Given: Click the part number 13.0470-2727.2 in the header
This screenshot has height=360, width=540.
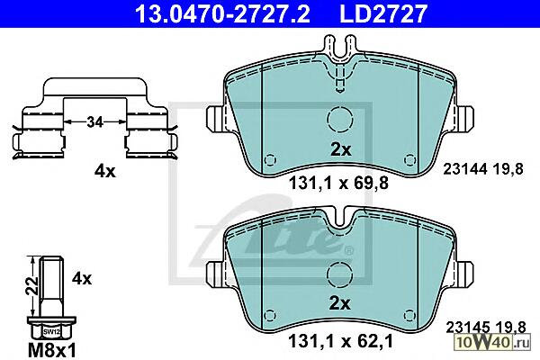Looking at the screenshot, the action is (x=222, y=13).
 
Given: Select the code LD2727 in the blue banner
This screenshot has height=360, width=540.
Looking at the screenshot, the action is (x=383, y=13).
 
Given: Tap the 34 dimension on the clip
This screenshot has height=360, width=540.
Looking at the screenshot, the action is (x=94, y=122).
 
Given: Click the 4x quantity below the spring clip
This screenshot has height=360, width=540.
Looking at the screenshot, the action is (x=105, y=171).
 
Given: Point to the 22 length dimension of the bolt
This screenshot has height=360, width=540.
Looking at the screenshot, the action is (x=33, y=285).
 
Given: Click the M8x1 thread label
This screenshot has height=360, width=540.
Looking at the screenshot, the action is (x=51, y=351).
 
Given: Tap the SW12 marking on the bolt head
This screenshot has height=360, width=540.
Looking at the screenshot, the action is (x=51, y=332).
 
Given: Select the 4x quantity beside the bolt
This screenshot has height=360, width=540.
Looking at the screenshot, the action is (x=82, y=278).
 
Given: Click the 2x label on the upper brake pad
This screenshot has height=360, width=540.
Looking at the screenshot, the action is (x=340, y=150).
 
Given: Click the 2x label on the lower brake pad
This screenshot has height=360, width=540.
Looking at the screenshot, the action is (x=339, y=304).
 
